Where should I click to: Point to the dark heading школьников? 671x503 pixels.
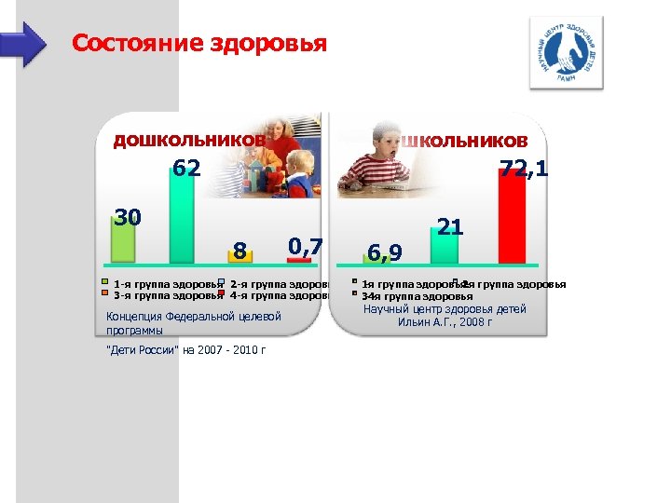pyautogui.click(x=463, y=140)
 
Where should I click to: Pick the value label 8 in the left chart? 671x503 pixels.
pyautogui.click(x=240, y=251)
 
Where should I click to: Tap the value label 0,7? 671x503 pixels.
pyautogui.click(x=305, y=246)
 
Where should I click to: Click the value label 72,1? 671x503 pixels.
pyautogui.click(x=524, y=169)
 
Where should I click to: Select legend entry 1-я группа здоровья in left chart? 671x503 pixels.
pyautogui.click(x=164, y=284)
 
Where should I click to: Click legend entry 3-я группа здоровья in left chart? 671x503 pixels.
pyautogui.click(x=164, y=295)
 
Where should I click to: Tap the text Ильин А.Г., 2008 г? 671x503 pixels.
pyautogui.click(x=445, y=322)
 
